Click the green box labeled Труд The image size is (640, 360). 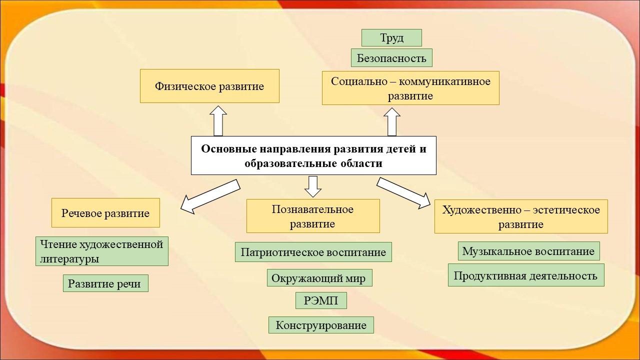pos(391,37)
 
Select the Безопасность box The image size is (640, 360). pos(391,57)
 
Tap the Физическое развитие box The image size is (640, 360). pos(209,86)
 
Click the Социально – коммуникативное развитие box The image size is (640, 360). pos(410,88)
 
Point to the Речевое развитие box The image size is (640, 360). pos(105,213)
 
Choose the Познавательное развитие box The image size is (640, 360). pos(313,216)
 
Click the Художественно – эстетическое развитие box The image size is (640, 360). pos(521,216)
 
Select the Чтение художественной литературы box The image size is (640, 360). pos(101,251)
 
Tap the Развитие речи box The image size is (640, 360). pos(105,283)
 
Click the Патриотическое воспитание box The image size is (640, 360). pos(313,252)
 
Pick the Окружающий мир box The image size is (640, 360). pos(319,277)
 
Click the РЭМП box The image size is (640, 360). pos(321,300)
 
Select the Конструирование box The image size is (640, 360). pos(321,325)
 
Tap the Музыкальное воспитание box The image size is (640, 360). pos(528,251)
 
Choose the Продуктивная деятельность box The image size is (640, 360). pos(525,275)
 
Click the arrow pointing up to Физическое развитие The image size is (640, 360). pos(218,121)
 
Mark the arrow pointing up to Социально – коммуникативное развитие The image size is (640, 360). pos(391,122)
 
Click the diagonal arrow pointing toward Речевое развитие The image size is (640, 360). pos(210,196)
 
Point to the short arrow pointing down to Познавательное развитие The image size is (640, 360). pos(313,186)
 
